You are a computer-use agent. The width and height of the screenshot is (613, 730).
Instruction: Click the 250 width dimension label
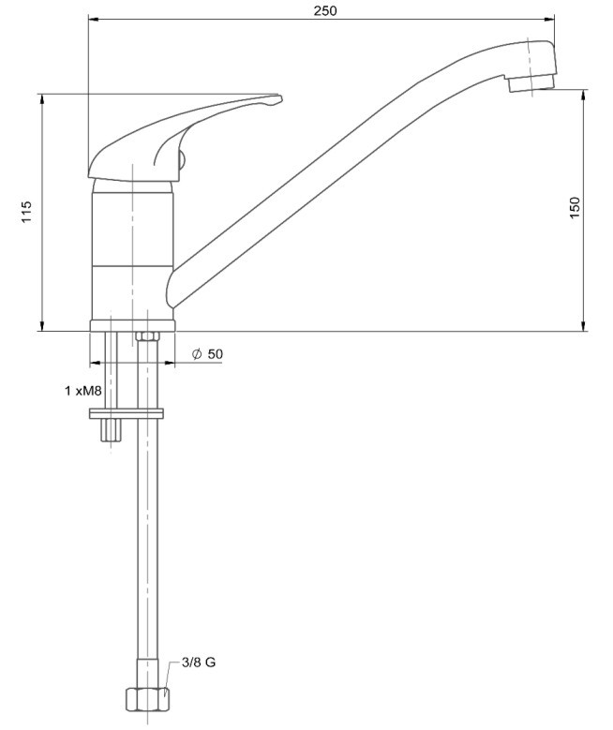click(x=324, y=10)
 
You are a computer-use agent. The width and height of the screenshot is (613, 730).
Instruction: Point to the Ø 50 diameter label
click(x=208, y=354)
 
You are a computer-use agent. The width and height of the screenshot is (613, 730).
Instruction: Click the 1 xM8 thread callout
click(x=82, y=391)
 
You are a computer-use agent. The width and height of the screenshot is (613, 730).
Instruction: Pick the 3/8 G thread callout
click(x=199, y=663)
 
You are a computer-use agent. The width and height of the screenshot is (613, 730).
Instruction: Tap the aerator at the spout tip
click(x=532, y=82)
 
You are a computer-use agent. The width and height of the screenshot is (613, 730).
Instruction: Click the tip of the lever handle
click(x=281, y=97)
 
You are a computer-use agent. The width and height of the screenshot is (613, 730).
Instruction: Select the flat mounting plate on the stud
click(x=127, y=413)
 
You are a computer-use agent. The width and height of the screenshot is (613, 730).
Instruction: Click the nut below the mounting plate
click(x=111, y=430)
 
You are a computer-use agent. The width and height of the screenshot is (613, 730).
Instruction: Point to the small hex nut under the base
click(x=147, y=336)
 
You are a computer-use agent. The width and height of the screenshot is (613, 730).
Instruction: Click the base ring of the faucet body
click(x=133, y=326)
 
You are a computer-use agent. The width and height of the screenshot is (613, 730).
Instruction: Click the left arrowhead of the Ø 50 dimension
click(x=95, y=362)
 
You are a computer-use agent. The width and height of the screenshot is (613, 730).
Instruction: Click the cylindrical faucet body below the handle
click(x=133, y=250)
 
